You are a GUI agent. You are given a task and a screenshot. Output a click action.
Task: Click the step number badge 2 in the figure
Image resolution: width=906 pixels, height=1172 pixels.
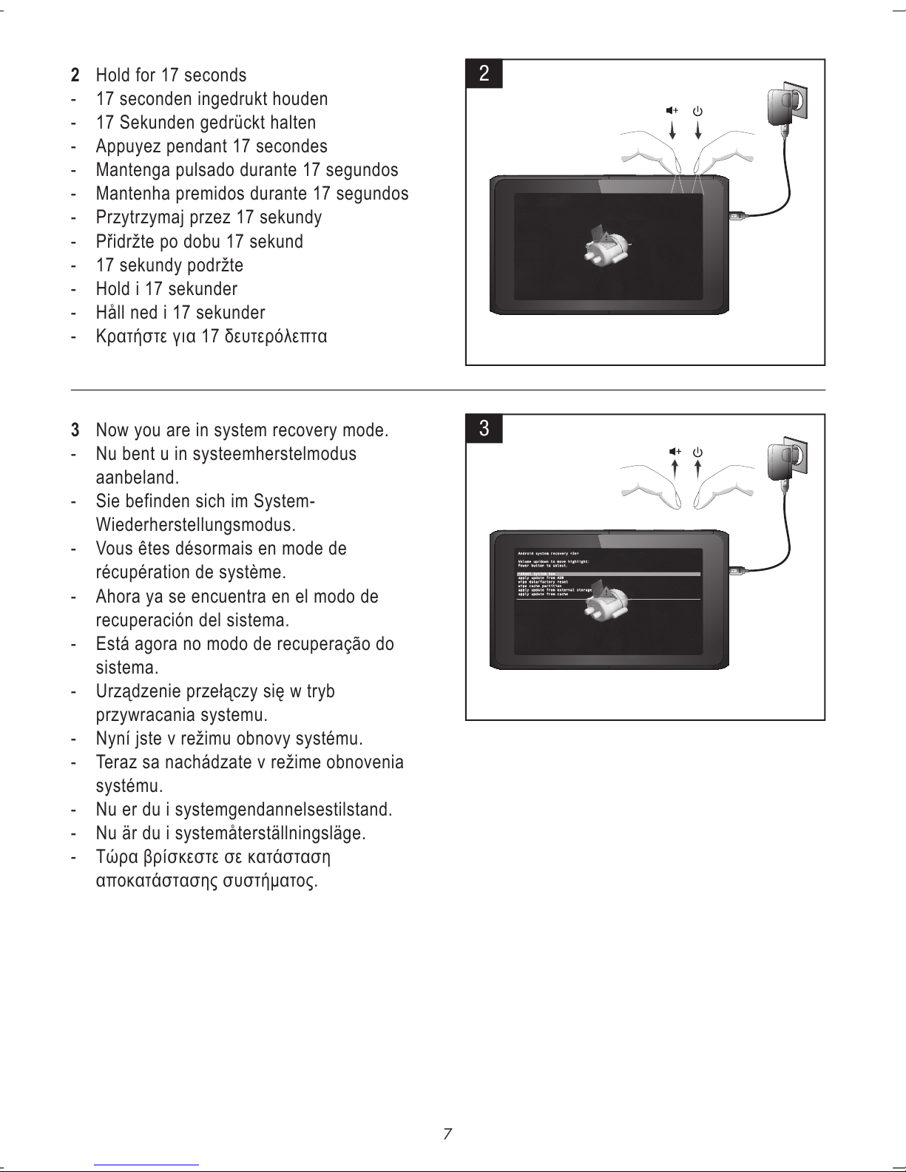[484, 73]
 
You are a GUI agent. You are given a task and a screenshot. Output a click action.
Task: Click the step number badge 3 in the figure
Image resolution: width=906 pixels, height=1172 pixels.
[484, 428]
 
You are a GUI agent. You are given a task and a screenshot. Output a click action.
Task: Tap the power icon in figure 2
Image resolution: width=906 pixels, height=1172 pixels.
[697, 112]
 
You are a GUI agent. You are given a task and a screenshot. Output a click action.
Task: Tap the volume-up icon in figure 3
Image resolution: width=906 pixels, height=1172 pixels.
[673, 452]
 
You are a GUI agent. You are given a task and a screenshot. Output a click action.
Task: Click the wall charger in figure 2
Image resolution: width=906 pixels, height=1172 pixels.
[785, 108]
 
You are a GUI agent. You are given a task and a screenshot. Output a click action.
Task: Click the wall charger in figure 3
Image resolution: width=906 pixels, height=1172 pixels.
[785, 462]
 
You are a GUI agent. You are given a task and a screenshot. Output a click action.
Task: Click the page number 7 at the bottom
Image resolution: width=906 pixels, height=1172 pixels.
[447, 1134]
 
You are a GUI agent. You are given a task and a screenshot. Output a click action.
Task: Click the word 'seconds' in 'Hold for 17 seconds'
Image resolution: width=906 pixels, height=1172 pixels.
[214, 75]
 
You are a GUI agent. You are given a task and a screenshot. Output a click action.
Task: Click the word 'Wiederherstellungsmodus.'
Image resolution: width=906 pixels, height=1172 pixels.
[196, 526]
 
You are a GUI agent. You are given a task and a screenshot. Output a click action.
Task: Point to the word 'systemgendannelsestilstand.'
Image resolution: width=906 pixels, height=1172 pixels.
[288, 810]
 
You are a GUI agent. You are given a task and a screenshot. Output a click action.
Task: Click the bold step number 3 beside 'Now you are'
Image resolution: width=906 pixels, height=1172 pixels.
[75, 430]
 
